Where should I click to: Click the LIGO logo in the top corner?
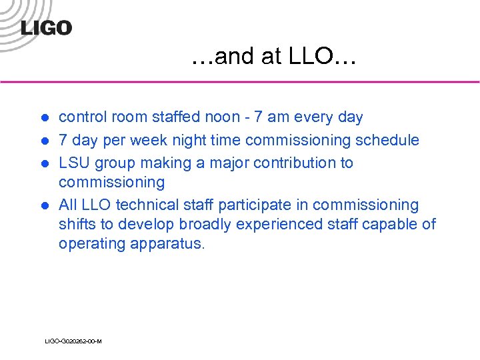point(46,27)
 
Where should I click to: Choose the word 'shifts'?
point(77,224)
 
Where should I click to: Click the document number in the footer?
point(73,341)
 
